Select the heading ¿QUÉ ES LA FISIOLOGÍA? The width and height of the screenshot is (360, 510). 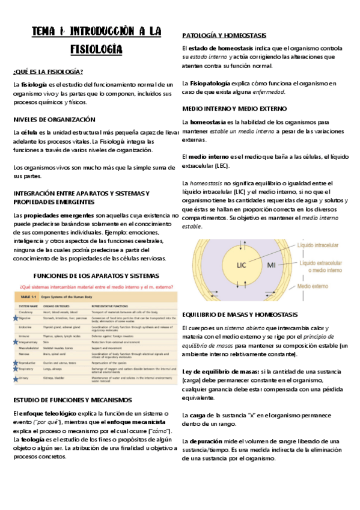(x=48, y=72)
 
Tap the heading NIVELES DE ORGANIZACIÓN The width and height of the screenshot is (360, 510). (x=54, y=119)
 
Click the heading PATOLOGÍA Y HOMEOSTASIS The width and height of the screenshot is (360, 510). (x=224, y=36)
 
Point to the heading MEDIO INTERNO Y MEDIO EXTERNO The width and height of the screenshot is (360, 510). (x=234, y=108)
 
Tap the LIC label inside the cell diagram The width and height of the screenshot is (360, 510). (x=241, y=264)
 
